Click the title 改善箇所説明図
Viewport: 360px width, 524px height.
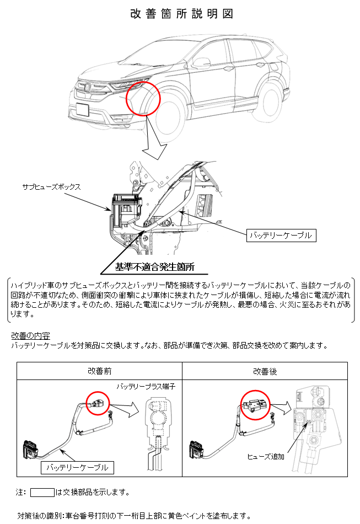(x=181, y=14)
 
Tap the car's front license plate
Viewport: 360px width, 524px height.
(x=83, y=110)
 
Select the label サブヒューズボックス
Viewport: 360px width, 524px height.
(x=51, y=187)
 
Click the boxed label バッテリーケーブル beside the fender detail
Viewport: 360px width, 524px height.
(x=281, y=236)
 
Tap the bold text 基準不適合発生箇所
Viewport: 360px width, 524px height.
(x=154, y=266)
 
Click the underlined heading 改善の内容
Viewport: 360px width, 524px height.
(x=30, y=335)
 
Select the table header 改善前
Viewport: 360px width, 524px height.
(x=100, y=371)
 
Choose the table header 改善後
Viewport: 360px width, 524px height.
(x=265, y=371)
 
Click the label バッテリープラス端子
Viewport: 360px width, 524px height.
(x=146, y=386)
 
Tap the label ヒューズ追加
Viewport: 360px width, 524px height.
(x=266, y=456)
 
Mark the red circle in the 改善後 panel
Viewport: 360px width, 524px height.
(x=241, y=404)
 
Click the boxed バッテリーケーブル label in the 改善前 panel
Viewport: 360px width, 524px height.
(x=77, y=468)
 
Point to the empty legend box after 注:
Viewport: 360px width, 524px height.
(x=42, y=492)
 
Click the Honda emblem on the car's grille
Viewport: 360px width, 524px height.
(x=87, y=88)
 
